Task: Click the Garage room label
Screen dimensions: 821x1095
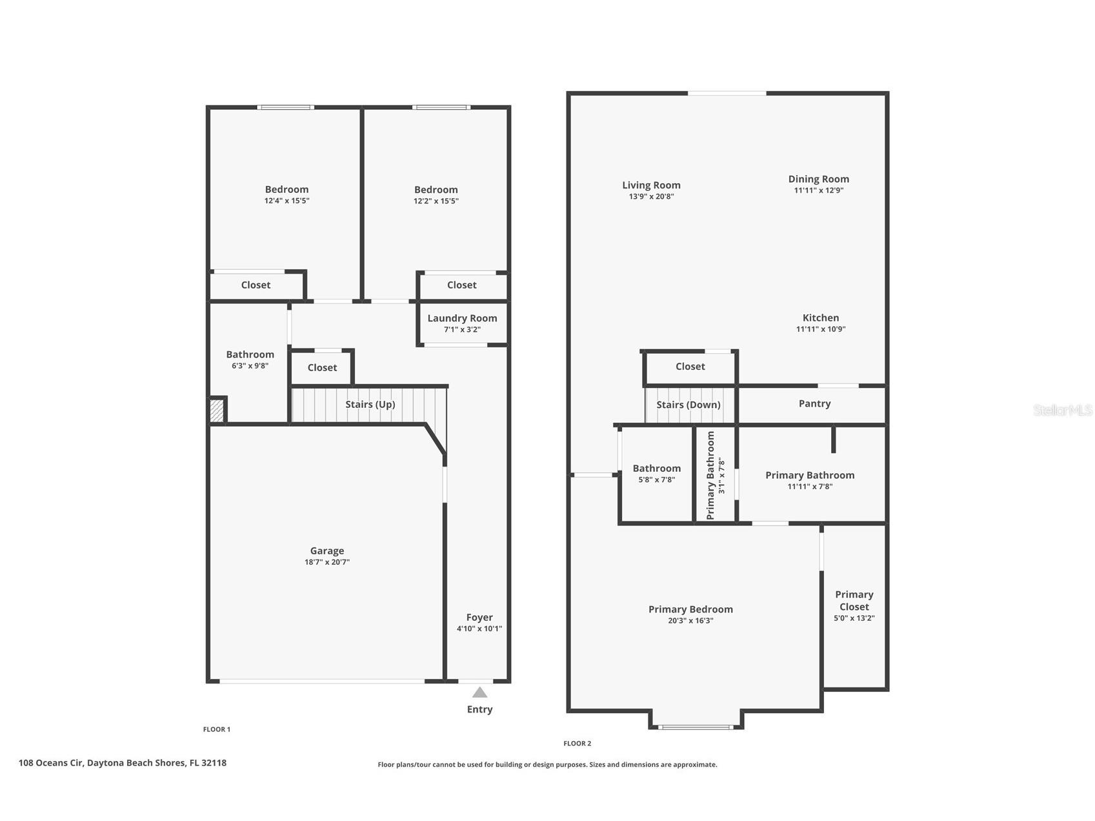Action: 326,551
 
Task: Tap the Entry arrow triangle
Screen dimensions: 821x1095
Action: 479,693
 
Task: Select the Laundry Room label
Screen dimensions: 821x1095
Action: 462,318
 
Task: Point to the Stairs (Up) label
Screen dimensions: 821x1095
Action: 370,404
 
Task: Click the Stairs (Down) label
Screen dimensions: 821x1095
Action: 688,405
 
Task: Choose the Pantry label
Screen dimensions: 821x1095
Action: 814,403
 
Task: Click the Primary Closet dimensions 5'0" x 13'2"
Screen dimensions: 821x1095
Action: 854,618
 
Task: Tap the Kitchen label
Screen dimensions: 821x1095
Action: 820,318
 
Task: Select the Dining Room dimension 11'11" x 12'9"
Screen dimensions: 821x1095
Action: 818,190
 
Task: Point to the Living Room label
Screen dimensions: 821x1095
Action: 651,185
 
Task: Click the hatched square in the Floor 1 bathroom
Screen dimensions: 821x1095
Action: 217,411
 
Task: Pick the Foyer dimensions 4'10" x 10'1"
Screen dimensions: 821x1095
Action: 479,629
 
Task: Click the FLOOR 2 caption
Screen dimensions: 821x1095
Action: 577,744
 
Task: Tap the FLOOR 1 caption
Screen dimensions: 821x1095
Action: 216,729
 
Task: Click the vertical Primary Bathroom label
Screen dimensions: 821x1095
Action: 711,476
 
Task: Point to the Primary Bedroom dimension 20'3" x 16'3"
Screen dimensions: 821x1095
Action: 690,621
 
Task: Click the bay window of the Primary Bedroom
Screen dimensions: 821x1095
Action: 696,727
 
